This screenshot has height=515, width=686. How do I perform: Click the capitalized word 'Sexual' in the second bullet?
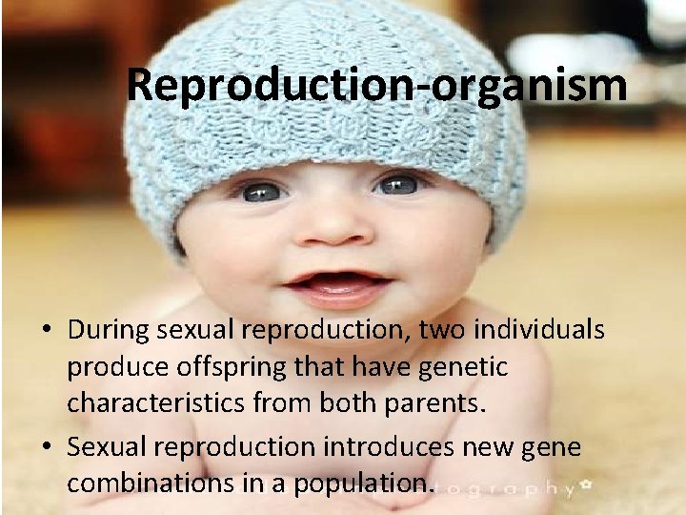103,446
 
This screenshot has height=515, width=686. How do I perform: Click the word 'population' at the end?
371,484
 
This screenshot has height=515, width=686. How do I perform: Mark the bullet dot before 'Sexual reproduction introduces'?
48,447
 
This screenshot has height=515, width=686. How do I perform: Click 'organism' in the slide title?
529,85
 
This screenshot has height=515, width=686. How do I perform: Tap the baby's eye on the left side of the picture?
261,192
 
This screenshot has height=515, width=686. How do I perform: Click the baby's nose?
333,229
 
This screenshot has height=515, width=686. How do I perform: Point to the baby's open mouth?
334,283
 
